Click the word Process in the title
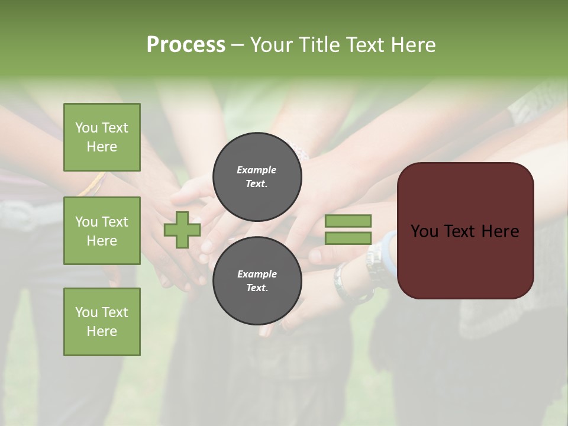coord(186,45)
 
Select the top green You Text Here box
coord(102,137)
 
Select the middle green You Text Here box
coord(102,231)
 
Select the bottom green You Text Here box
coord(102,322)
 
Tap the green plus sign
coord(182,230)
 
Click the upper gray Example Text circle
coord(257,176)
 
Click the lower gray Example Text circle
coord(257,281)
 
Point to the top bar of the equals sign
coord(348,221)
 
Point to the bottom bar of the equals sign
coord(348,238)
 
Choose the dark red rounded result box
coord(465,230)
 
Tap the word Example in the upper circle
coord(257,170)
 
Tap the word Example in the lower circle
coord(257,274)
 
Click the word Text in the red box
coord(460,231)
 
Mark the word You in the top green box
coord(86,128)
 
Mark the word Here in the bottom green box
coord(102,331)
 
